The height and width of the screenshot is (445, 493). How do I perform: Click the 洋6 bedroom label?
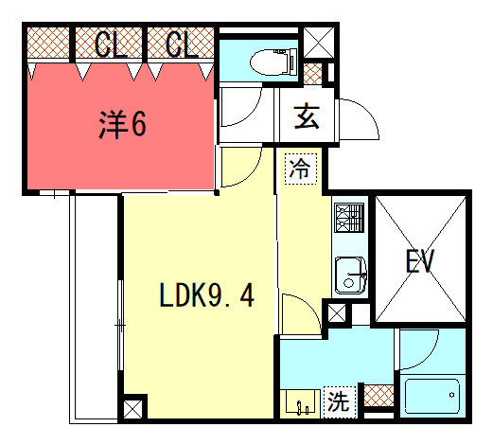point(122,125)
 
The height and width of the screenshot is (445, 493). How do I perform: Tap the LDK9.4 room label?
point(206,295)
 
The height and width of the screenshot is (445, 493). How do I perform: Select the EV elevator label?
point(420,260)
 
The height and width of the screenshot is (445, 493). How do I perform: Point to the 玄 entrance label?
point(307,116)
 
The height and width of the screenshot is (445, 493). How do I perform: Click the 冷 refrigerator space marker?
point(301,169)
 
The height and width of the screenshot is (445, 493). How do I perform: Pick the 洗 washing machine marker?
point(340,401)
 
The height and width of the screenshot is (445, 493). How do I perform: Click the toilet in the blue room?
point(273,62)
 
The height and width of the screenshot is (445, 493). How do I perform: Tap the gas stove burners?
point(349,218)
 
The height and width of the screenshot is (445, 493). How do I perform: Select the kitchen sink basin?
point(350,275)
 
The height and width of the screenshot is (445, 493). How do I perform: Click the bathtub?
point(432,396)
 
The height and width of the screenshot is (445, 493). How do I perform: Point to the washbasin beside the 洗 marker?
point(300,402)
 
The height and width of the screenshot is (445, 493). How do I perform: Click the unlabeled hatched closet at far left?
point(48,43)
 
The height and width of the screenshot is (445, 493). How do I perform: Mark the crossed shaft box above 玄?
point(319,43)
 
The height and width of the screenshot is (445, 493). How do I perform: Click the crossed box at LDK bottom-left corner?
point(132,409)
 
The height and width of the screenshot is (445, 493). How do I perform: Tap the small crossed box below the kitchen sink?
point(337,313)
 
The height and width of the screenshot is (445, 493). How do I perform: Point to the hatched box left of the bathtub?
point(379,396)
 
